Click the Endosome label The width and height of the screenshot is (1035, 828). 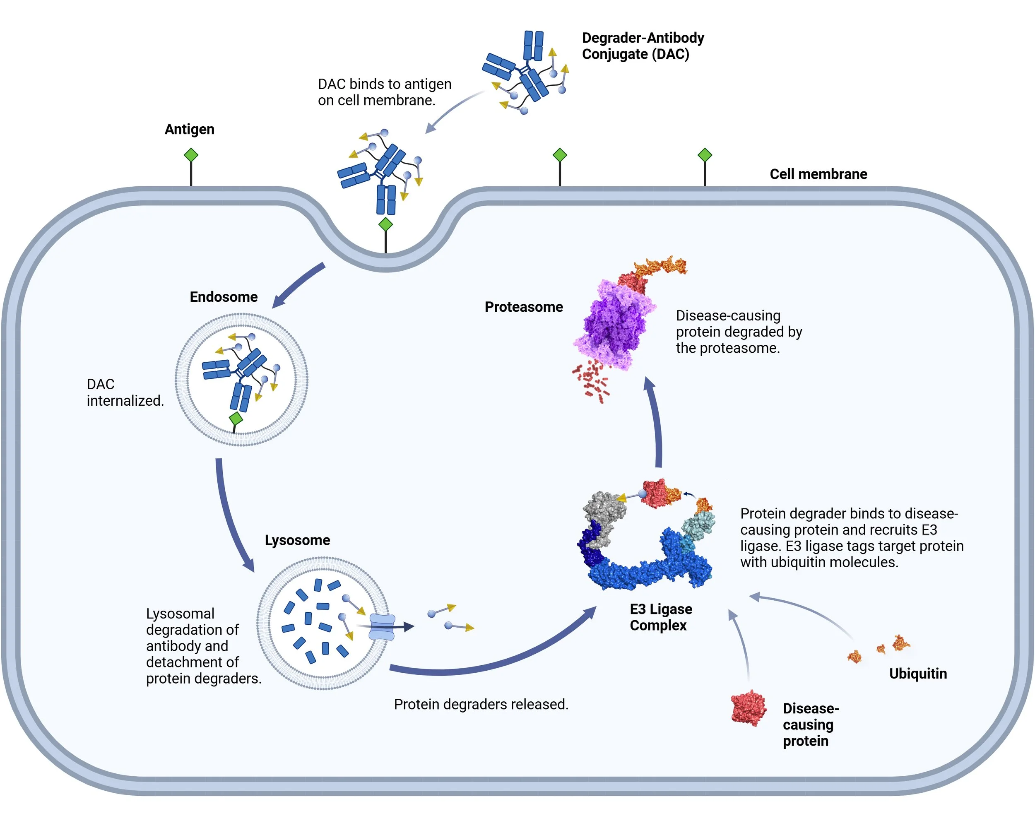(224, 297)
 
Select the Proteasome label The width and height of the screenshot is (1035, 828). (523, 307)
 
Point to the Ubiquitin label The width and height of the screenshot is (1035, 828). (917, 674)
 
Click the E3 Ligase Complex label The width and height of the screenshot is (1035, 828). (661, 617)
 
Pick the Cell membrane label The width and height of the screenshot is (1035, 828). (818, 174)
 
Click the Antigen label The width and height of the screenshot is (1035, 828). (189, 129)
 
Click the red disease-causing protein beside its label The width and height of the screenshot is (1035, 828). (748, 708)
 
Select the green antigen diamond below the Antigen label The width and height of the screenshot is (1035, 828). (191, 155)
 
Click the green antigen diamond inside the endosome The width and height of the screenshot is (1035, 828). (236, 419)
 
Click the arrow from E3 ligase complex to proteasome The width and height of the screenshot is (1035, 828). (657, 422)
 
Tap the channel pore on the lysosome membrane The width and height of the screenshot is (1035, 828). (382, 627)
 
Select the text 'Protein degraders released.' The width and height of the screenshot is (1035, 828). (481, 704)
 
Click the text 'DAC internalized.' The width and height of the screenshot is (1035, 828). (125, 392)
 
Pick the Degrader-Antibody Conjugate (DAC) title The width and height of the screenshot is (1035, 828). (642, 46)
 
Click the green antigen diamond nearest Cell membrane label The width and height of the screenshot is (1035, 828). (704, 155)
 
